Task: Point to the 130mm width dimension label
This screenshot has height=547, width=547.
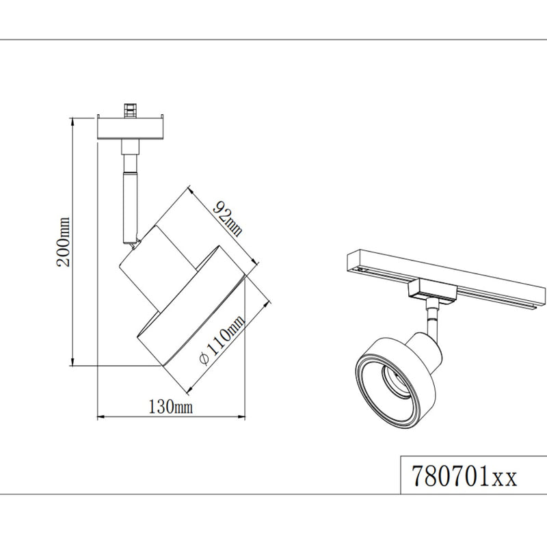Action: [x=170, y=408]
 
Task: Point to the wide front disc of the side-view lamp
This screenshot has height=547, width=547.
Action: [x=191, y=308]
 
